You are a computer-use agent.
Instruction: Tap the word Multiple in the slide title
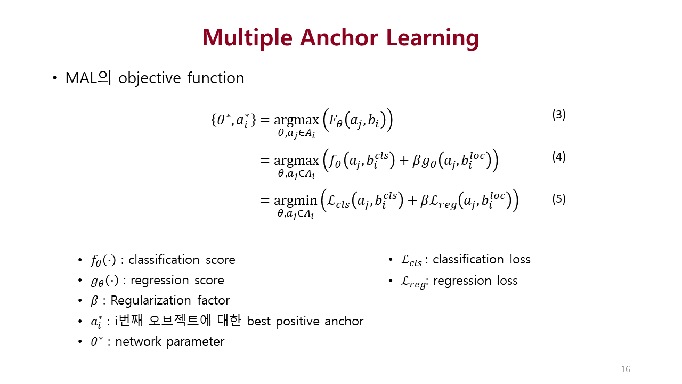click(x=247, y=38)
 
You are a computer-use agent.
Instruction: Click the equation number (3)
click(x=559, y=115)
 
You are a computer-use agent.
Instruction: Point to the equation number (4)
click(x=559, y=157)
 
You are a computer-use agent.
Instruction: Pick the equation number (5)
click(x=559, y=199)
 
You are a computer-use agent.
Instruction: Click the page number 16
click(x=626, y=370)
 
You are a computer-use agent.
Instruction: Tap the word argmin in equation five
click(x=295, y=201)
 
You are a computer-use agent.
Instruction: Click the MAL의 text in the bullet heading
click(x=88, y=78)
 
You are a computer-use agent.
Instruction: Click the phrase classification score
click(x=182, y=260)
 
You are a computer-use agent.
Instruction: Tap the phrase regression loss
click(x=475, y=281)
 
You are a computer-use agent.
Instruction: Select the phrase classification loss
click(x=482, y=259)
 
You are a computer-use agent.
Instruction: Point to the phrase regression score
click(x=177, y=280)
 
